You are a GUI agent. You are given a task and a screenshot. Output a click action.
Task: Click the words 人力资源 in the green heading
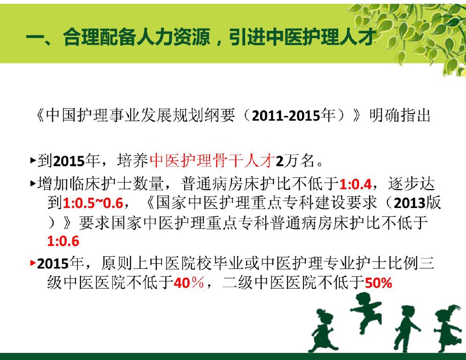click(173, 38)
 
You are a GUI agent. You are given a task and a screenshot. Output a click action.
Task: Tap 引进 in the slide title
click(247, 38)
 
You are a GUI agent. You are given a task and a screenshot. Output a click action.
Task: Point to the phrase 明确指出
click(400, 115)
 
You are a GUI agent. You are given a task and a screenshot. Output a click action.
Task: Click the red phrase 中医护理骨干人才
click(212, 161)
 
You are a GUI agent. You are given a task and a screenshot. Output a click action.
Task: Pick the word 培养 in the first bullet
click(132, 161)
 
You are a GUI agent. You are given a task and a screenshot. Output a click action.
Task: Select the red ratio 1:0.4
click(356, 184)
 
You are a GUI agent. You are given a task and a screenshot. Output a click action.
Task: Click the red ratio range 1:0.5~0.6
click(93, 203)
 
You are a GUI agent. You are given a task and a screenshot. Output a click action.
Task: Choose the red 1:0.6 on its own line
click(63, 241)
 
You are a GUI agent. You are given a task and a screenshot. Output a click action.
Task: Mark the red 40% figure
click(189, 283)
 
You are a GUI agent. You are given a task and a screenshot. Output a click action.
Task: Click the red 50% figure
click(378, 283)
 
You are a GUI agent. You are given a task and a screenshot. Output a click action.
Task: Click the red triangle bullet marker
click(33, 263)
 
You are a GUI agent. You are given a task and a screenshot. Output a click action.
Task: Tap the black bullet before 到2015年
click(33, 161)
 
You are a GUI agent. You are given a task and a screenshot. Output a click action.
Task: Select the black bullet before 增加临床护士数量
click(33, 184)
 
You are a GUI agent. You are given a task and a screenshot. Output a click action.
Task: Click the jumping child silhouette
click(366, 312)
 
